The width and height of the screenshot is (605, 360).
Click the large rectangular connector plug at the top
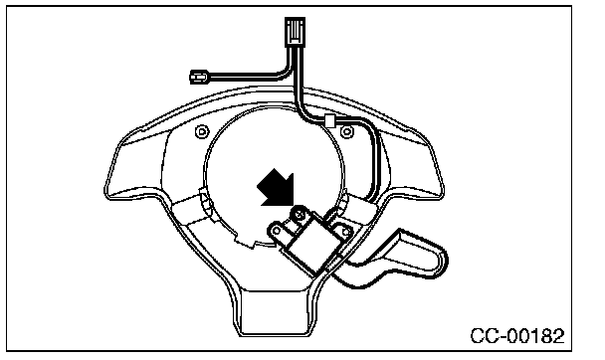pos(295,32)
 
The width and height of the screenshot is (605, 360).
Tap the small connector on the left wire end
pos(199,77)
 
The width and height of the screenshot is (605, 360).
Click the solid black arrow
pos(277,188)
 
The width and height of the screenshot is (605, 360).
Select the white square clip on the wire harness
pos(329,121)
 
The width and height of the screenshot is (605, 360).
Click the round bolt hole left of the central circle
pos(201,132)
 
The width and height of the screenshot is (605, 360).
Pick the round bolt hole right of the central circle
pos(347,132)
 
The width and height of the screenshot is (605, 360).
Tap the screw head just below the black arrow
pos(299,212)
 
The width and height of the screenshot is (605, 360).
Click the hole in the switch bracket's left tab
pos(277,231)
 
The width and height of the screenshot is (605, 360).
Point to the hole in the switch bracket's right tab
pos(346,232)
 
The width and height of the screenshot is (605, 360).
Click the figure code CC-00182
pos(517,336)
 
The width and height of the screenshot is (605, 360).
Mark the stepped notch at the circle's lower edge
pos(247,242)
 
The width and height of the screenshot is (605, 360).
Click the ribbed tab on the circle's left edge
pos(205,202)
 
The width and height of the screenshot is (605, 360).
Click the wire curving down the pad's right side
pos(375,162)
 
